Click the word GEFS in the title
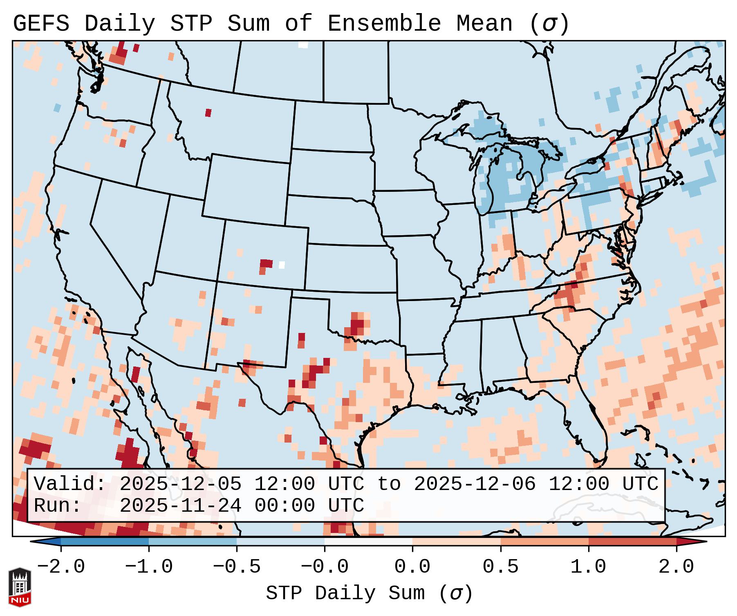coord(41,24)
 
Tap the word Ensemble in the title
coord(384,24)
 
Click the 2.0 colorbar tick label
coord(676,567)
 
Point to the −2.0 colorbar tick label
coord(61,567)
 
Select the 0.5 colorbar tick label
coord(500,567)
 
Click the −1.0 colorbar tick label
coord(149,567)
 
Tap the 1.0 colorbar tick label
coord(588,567)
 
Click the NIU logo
coord(20,587)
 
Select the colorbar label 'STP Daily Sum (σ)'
coord(369,593)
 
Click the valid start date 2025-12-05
coord(180,484)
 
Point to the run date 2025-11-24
coord(180,506)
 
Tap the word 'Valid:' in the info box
coord(70,484)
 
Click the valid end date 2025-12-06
coord(475,484)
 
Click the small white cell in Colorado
coord(282,265)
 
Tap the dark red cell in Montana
coord(208,112)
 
